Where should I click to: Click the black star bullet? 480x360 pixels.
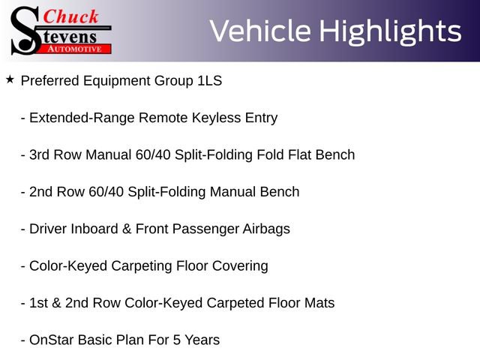click(x=10, y=79)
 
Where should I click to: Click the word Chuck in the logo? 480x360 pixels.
click(x=70, y=16)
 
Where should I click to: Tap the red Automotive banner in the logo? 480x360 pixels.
click(x=74, y=49)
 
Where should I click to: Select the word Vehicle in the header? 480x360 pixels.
click(x=260, y=31)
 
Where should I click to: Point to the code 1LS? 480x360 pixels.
click(x=210, y=81)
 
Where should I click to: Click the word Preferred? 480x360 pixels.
click(x=50, y=81)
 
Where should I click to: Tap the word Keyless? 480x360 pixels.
click(x=217, y=118)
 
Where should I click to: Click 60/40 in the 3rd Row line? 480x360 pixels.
click(x=153, y=155)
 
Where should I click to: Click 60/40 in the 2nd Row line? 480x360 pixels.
click(x=106, y=192)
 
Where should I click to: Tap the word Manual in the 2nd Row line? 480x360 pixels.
click(x=232, y=192)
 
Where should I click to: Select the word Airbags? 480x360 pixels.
click(x=266, y=229)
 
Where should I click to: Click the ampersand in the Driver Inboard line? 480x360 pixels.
click(x=127, y=229)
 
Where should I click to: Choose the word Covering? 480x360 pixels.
click(x=240, y=266)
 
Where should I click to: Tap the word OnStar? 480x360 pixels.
click(x=52, y=340)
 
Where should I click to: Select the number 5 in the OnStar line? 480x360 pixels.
click(x=177, y=340)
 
